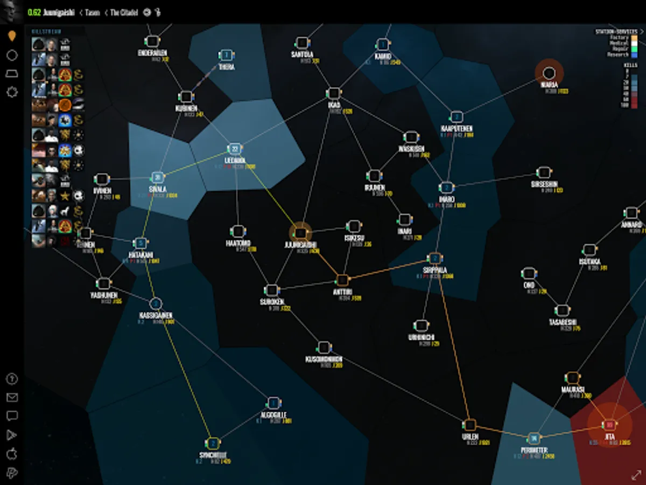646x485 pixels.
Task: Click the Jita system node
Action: tap(609, 424)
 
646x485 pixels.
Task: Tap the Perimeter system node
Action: tap(534, 438)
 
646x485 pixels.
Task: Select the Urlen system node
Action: tap(470, 425)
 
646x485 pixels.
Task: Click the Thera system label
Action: tap(227, 67)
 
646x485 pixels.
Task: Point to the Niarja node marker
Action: tap(549, 73)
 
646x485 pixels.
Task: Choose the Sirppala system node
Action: tap(434, 259)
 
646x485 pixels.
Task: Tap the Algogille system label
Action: tap(273, 415)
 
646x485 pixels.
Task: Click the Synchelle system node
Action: tap(213, 444)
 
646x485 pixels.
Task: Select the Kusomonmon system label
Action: tap(324, 358)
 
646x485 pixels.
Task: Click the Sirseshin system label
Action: tap(544, 183)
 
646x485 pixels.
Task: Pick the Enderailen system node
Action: tap(152, 41)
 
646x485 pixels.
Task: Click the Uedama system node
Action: tap(235, 149)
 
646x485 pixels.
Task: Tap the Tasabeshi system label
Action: tap(562, 322)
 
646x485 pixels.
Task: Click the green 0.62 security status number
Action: tap(34, 12)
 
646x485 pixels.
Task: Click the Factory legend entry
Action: tap(619, 38)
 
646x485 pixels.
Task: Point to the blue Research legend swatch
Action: tap(634, 54)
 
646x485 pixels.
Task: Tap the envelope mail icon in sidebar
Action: tap(12, 398)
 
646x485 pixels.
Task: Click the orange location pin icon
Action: tap(12, 36)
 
